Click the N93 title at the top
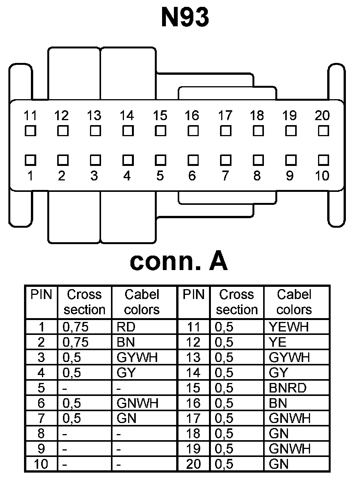tap(185, 17)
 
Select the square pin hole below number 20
tap(323, 131)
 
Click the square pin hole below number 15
tap(161, 131)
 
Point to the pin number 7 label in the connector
tap(225, 176)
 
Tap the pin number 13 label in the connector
tap(94, 115)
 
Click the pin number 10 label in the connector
tap(322, 176)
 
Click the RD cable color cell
tap(126, 327)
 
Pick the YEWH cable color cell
tap(289, 327)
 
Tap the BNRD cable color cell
tap(287, 388)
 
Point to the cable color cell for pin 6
tap(138, 403)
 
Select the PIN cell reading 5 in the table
tap(41, 388)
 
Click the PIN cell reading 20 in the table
tap(193, 464)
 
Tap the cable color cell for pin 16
tap(278, 403)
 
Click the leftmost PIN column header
tap(41, 294)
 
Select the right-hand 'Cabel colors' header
tap(294, 302)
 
